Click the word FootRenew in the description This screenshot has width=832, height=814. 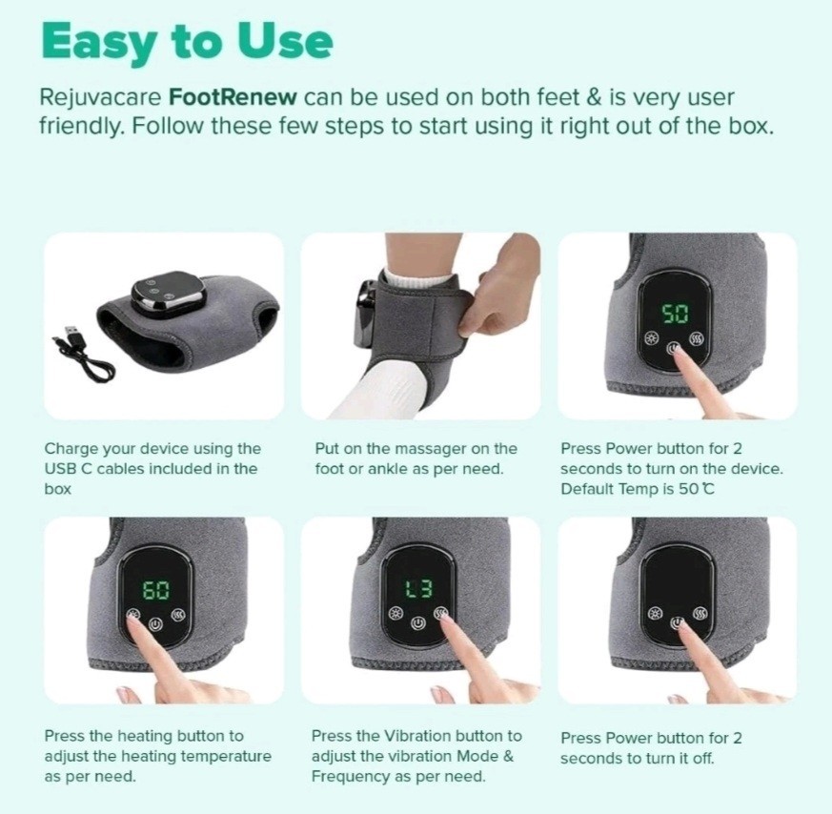point(233,97)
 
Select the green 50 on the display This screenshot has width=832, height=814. point(676,314)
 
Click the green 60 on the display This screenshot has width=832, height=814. point(156,590)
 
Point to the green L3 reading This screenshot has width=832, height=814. point(419,588)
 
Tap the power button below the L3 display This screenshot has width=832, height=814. point(418,622)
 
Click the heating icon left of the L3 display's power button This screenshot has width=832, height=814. point(396,614)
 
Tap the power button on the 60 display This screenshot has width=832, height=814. point(155,624)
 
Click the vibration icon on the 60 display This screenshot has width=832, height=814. point(178,616)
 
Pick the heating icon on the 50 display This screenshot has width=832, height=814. point(652,338)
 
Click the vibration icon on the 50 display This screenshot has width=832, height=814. point(696,338)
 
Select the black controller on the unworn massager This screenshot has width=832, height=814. point(168,294)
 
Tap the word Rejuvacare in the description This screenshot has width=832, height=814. point(100,97)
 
